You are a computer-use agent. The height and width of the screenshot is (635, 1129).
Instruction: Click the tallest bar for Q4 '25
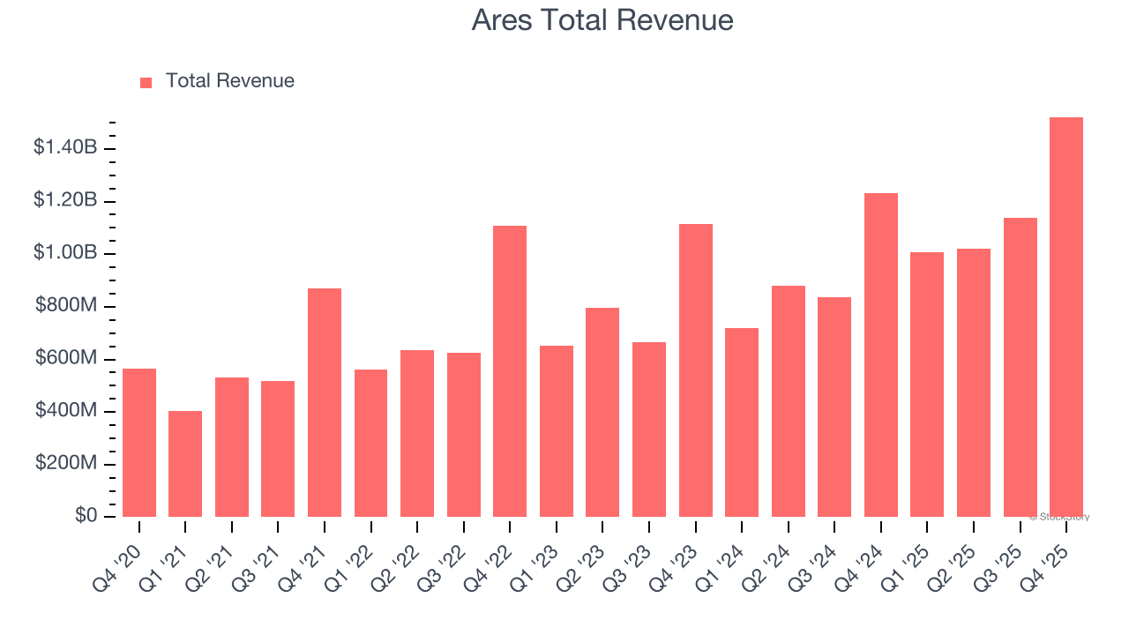[x=1066, y=317]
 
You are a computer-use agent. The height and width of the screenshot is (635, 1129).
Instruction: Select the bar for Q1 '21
[x=185, y=464]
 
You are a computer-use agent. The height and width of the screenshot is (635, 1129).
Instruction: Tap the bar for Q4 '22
[x=510, y=371]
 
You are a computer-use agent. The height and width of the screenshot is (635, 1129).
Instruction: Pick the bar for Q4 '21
[x=325, y=403]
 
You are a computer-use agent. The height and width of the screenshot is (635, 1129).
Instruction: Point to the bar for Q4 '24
[x=881, y=355]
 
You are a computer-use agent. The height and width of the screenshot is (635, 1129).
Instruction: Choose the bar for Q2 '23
[x=602, y=412]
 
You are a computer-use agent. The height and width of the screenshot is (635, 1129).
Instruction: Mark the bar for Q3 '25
[x=1020, y=367]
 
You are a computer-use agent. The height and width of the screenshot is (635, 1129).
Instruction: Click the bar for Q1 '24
[x=742, y=422]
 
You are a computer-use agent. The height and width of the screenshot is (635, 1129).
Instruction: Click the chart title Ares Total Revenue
[x=602, y=19]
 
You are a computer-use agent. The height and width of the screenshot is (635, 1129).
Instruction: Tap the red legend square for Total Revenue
[x=146, y=82]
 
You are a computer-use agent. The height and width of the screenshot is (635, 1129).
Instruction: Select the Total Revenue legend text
[x=229, y=81]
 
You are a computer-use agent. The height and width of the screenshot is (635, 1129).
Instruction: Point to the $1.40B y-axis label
[x=65, y=147]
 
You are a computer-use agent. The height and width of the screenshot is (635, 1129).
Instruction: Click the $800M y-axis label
[x=66, y=306]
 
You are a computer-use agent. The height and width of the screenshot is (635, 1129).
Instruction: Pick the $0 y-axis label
[x=86, y=515]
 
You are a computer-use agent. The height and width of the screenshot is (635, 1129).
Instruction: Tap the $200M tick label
[x=66, y=463]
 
